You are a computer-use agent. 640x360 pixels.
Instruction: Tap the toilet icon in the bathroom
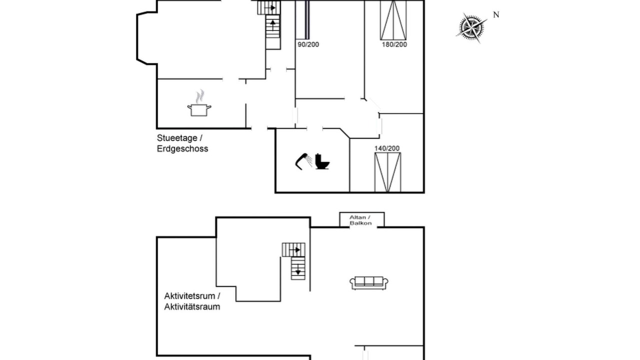tap(322, 161)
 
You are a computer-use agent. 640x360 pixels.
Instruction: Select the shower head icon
tap(303, 161)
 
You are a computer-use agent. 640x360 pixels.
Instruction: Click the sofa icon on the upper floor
tap(369, 283)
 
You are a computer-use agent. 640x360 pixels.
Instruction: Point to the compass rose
tap(471, 27)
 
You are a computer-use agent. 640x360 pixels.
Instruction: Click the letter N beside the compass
tap(496, 15)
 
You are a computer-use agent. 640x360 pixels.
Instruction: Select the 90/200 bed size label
tap(308, 44)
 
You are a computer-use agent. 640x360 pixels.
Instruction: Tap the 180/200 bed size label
tap(394, 44)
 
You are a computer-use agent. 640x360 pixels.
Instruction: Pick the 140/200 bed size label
tap(387, 148)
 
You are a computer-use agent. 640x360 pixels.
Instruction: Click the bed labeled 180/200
tap(393, 20)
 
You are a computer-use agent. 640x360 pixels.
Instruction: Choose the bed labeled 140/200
tap(387, 172)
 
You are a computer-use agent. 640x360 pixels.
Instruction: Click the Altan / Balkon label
tap(360, 220)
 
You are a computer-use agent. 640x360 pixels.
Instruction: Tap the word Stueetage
tap(177, 138)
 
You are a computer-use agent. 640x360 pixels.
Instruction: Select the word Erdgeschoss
tap(182, 149)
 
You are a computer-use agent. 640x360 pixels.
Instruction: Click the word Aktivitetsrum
tap(189, 296)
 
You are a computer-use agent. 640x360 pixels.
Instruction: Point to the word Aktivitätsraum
tap(192, 307)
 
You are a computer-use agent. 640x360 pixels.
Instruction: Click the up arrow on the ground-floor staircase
tap(273, 25)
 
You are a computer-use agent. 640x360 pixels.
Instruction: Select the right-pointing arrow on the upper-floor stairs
tap(294, 250)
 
